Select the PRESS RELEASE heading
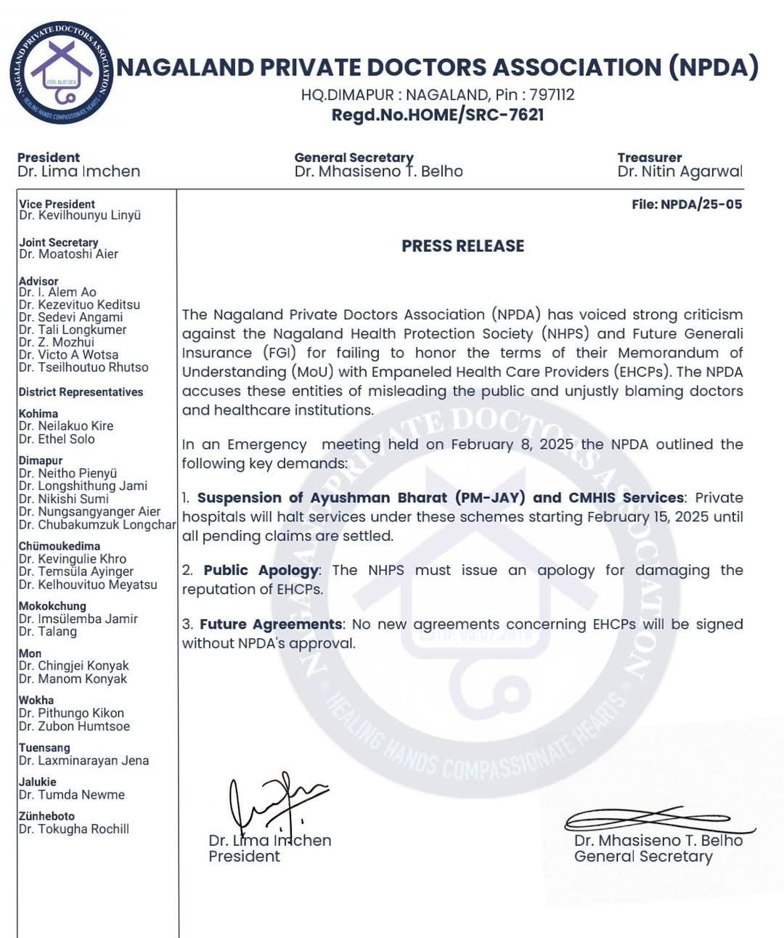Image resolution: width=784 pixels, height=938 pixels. point(462,246)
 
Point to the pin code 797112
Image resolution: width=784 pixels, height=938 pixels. point(552,95)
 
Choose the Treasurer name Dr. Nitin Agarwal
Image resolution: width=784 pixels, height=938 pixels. point(679,171)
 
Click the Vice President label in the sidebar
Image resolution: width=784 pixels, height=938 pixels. point(57,204)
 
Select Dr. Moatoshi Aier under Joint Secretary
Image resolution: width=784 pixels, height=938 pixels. point(68,254)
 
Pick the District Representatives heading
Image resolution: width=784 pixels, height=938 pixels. point(81,392)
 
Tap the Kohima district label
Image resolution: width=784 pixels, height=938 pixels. point(38,414)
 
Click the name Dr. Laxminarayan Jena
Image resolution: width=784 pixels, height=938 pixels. point(83,761)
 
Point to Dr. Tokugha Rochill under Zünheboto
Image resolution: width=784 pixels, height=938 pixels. point(74,829)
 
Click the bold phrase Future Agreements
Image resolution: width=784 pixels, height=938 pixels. point(271,624)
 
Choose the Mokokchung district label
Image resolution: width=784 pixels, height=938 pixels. point(52,606)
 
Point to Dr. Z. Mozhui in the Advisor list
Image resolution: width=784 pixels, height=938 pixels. point(57,342)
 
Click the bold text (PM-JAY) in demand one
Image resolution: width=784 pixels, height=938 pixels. point(490,498)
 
